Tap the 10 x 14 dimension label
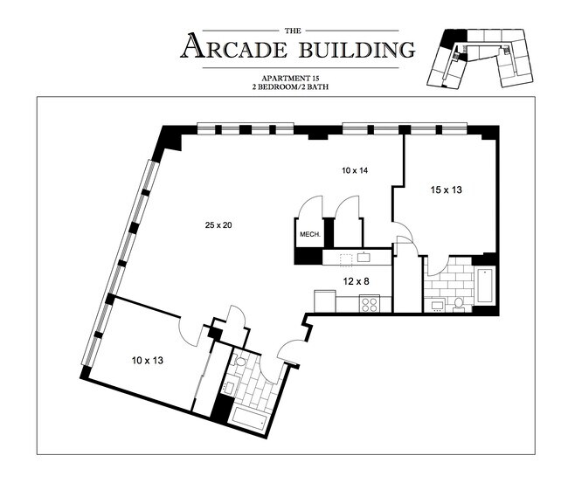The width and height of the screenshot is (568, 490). click(354, 170)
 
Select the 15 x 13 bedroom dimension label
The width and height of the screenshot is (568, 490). click(447, 190)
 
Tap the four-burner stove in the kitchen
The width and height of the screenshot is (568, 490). click(369, 305)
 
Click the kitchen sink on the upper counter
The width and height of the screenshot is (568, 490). click(364, 257)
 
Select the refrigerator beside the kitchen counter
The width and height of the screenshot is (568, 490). click(322, 300)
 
